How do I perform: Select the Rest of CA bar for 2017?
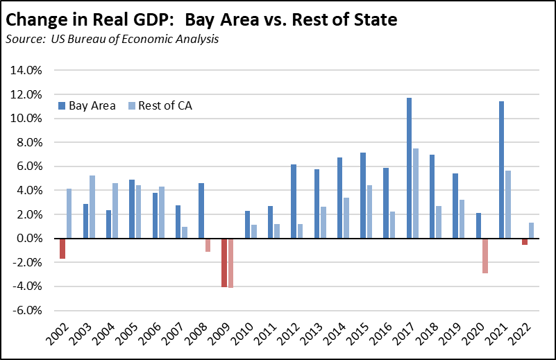(415, 194)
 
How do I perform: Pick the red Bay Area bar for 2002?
(62, 248)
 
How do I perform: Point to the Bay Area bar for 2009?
(224, 262)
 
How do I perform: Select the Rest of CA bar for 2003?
(92, 207)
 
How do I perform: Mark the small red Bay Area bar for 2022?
(525, 241)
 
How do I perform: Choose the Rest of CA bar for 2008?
(207, 245)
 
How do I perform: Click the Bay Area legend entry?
(87, 106)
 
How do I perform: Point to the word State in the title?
(372, 19)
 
